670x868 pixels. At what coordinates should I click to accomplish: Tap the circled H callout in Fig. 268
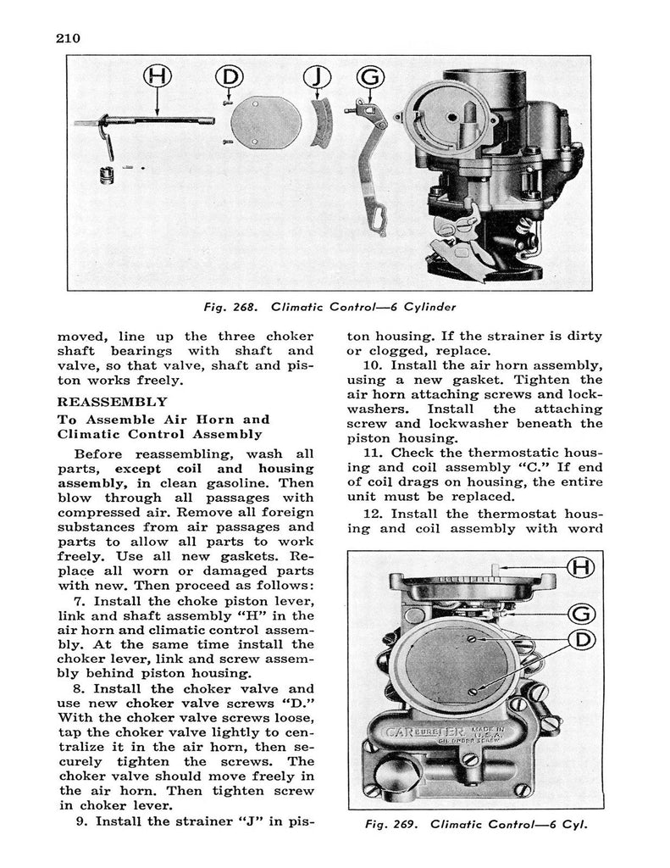pyautogui.click(x=158, y=77)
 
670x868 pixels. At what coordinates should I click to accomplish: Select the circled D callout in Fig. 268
pyautogui.click(x=229, y=77)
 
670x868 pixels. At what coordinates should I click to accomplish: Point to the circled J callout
pyautogui.click(x=316, y=77)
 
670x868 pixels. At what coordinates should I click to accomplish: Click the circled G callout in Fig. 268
pyautogui.click(x=370, y=77)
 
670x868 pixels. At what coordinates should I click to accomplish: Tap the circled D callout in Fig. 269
pyautogui.click(x=581, y=638)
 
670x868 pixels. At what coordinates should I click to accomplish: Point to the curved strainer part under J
pyautogui.click(x=320, y=124)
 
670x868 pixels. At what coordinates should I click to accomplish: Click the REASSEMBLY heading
pyautogui.click(x=112, y=402)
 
